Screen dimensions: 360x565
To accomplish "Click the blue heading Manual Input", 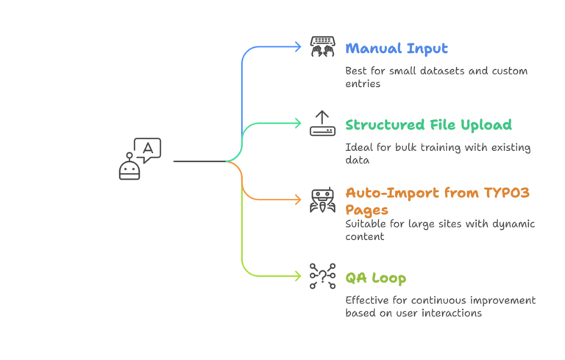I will pos(397,49).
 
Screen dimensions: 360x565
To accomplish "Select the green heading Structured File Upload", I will pos(429,125).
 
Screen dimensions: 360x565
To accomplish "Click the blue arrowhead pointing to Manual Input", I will pos(297,46).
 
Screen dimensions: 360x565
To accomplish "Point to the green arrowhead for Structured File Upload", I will pos(297,123).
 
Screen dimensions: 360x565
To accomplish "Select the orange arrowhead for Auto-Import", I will pos(297,199).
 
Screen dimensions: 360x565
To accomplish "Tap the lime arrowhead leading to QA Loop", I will pos(297,275).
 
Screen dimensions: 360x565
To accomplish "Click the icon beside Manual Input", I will pos(322,46).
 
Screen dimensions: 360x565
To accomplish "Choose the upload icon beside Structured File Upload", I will pos(322,123).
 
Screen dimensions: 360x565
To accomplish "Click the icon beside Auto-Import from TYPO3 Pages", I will pos(322,200).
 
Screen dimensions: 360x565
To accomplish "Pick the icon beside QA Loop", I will pos(322,275).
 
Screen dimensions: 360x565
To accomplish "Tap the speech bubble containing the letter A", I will pos(148,149).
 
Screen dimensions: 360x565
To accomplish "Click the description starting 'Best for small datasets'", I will pos(436,77).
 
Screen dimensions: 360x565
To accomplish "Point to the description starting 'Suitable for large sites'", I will pos(440,230).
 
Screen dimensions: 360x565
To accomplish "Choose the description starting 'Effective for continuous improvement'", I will pos(441,306).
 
